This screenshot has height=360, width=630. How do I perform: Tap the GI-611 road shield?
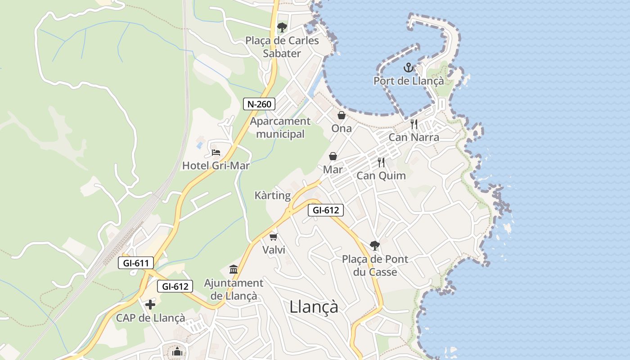coord(136,263)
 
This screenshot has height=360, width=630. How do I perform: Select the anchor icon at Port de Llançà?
coord(408,68)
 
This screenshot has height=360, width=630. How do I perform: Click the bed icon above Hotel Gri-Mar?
coord(216,153)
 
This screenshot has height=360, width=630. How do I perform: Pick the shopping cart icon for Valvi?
coord(273,236)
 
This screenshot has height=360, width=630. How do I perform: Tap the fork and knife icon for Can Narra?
coord(414,124)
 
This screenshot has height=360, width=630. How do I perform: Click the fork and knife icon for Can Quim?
coord(381,162)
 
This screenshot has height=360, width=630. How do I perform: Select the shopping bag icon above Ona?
coord(342,115)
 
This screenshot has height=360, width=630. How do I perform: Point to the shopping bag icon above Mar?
coord(333,156)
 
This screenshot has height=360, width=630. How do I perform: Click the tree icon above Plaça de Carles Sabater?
coord(282,27)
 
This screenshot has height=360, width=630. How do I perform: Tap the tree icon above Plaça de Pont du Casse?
coord(374,245)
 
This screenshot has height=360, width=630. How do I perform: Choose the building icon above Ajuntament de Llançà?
coord(234,269)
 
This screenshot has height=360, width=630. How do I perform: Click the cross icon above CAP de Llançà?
coord(150,305)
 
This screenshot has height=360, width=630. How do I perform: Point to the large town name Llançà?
coord(314,307)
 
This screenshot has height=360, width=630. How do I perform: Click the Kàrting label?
coord(273,195)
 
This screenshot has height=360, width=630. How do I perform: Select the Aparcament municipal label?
coord(280,127)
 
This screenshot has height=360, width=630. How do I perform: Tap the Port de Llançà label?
coord(409,81)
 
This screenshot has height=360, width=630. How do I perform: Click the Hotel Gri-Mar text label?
coord(216,166)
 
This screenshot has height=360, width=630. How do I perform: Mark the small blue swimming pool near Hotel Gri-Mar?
coord(199,145)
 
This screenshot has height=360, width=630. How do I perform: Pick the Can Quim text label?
coord(381,175)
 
